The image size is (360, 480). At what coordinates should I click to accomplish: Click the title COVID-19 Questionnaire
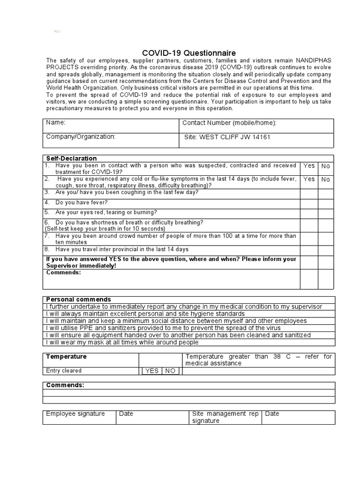pos(189,53)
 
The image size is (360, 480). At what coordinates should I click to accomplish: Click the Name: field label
pos(55,123)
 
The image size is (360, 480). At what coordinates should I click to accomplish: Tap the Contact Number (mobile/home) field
pos(229,123)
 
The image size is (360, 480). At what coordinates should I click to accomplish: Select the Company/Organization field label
pos(81,137)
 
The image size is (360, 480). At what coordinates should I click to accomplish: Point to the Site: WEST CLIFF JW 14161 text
pos(228,137)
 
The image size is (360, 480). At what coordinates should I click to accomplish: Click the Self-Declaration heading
pos(71,158)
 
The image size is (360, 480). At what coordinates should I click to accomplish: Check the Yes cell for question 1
pos(309,165)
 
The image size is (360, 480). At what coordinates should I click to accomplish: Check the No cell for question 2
pos(325,179)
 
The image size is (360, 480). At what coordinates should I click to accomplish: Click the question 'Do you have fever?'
pos(81,202)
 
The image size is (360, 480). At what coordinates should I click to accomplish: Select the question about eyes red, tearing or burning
pos(106,212)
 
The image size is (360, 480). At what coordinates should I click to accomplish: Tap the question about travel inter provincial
pos(122,249)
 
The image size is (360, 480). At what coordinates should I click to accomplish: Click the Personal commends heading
pos(78,299)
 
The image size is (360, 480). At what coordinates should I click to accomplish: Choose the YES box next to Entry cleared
pos(152,371)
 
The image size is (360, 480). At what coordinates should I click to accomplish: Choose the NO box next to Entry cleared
pos(170,371)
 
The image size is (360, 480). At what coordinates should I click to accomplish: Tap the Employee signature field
pos(75,414)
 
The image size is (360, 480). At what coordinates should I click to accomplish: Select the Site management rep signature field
pos(225,417)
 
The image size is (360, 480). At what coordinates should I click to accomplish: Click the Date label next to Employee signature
pos(126,414)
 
